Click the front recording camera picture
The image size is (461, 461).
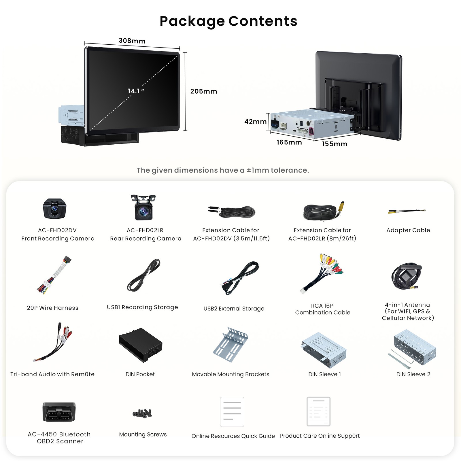click(x=54, y=209)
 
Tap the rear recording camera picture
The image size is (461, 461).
click(x=143, y=207)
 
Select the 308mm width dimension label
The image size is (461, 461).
click(x=132, y=41)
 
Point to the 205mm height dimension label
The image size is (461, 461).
click(x=203, y=91)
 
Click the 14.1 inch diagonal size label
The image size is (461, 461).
click(x=136, y=91)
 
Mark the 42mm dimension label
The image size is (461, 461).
click(x=255, y=122)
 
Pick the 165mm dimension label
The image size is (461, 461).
click(x=289, y=142)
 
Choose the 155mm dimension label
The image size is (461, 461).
click(x=335, y=144)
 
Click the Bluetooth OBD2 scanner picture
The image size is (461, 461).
click(x=59, y=412)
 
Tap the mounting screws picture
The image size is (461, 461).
click(x=142, y=413)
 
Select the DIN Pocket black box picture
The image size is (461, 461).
click(x=141, y=345)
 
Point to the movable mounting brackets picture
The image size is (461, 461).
click(x=231, y=345)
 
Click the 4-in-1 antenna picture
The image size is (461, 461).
click(x=406, y=276)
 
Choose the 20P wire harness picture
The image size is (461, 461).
click(x=54, y=275)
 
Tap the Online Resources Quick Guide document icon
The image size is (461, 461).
click(x=232, y=412)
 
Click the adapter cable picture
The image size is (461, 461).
click(x=407, y=211)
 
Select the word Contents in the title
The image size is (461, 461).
click(x=263, y=21)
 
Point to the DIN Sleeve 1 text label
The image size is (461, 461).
click(x=324, y=374)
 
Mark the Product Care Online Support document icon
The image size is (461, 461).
click(x=318, y=411)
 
